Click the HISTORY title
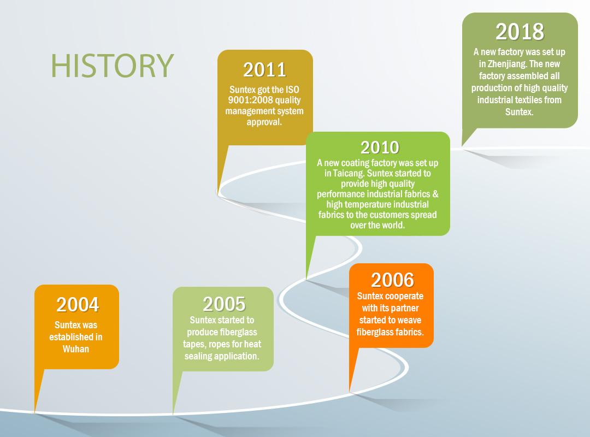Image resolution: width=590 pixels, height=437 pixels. (112, 66)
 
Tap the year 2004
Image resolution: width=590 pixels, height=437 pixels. (78, 304)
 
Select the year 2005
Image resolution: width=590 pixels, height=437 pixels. (224, 304)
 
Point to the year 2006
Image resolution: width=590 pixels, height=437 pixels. (392, 280)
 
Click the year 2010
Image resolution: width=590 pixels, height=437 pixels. (380, 147)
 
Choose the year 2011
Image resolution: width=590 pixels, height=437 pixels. (264, 69)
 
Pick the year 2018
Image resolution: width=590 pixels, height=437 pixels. (520, 32)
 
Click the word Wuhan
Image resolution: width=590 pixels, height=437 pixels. (75, 349)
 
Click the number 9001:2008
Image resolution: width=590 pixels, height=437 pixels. (250, 100)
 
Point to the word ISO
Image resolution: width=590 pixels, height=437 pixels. (292, 90)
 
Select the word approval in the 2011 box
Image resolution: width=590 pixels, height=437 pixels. (264, 122)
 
